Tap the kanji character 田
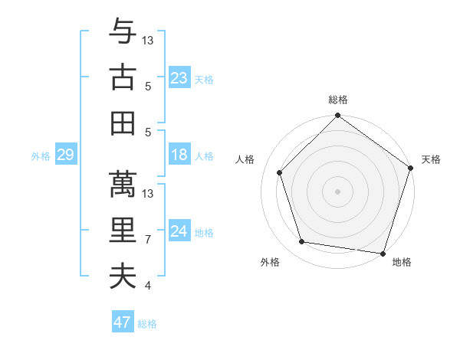pyautogui.click(x=123, y=122)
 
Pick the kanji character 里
pyautogui.click(x=123, y=230)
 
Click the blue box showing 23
pyautogui.click(x=179, y=78)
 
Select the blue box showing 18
pyautogui.click(x=179, y=155)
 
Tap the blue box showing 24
pyautogui.click(x=179, y=232)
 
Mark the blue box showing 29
pyautogui.click(x=65, y=155)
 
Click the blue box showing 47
pyautogui.click(x=123, y=322)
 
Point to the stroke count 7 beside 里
pyautogui.click(x=147, y=240)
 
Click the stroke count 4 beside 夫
pyautogui.click(x=147, y=286)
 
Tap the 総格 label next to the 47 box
pyautogui.click(x=147, y=324)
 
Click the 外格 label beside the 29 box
pyautogui.click(x=41, y=156)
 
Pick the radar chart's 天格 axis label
pyautogui.click(x=431, y=159)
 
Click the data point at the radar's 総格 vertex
pyautogui.click(x=337, y=117)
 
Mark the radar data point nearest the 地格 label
pyautogui.click(x=383, y=253)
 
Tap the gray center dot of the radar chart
pyautogui.click(x=337, y=191)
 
